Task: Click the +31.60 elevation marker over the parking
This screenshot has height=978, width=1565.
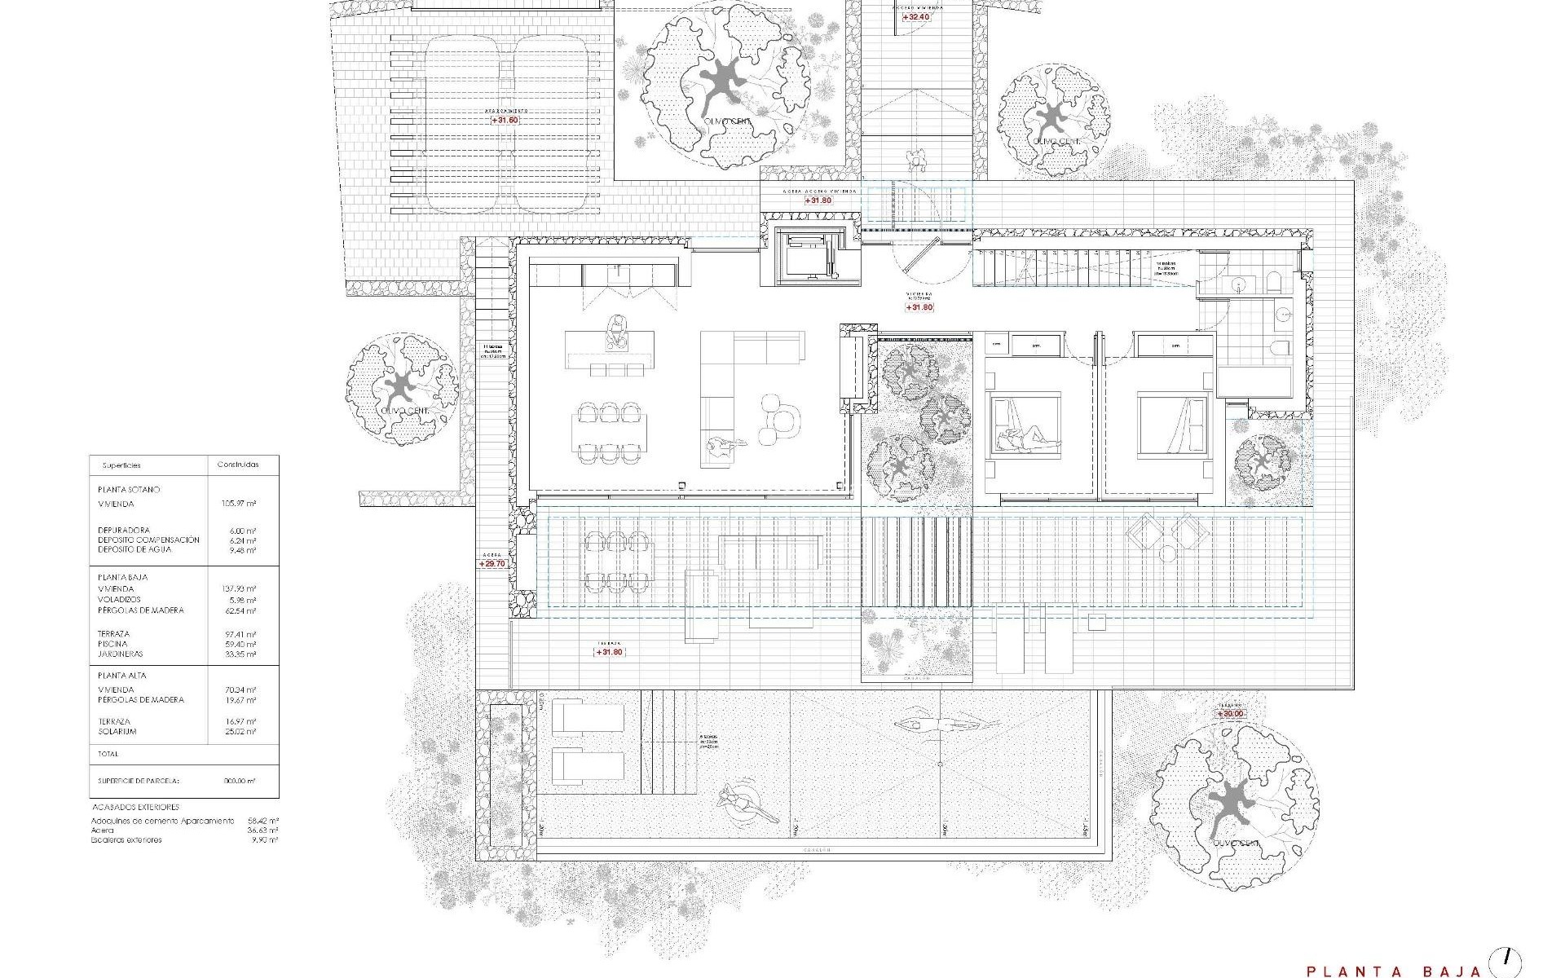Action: tap(505, 120)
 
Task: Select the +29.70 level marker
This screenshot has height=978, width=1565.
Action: tap(492, 563)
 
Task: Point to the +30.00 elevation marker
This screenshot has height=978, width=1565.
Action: tap(1231, 714)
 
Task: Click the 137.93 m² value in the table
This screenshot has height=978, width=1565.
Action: tap(240, 588)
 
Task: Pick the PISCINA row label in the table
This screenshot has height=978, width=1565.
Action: tap(113, 644)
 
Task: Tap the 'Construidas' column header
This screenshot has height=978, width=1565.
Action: tap(237, 465)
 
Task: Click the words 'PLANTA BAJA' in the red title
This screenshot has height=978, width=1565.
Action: tap(1393, 971)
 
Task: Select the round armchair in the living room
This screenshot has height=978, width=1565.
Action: tap(770, 405)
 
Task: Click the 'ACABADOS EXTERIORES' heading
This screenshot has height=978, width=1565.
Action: tap(135, 807)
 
